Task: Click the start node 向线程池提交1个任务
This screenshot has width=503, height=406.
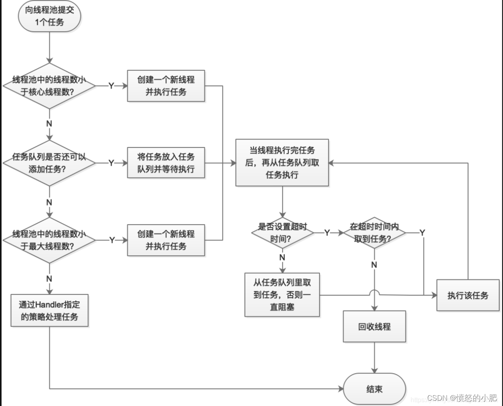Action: click(x=49, y=16)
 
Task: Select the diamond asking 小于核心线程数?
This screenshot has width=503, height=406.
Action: click(x=49, y=86)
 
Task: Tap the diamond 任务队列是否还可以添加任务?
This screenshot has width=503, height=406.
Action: click(x=49, y=163)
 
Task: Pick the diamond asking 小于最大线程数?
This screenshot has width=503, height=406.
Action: click(x=49, y=240)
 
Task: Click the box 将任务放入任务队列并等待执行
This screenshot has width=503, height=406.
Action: click(x=166, y=163)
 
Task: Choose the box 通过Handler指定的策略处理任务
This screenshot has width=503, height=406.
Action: click(x=49, y=311)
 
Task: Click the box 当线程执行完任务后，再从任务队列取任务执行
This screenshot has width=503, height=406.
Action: click(x=282, y=162)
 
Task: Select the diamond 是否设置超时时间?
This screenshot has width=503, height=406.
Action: click(x=282, y=233)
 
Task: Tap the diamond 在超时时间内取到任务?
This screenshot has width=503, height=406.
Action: click(x=374, y=233)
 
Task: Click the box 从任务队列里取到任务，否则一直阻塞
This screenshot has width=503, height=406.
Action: click(x=282, y=295)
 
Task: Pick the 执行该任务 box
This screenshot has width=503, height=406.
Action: click(x=468, y=295)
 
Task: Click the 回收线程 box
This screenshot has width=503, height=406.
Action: click(x=374, y=326)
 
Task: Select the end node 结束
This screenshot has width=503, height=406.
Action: click(x=374, y=389)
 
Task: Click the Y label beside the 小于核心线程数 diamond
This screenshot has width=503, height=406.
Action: click(x=111, y=86)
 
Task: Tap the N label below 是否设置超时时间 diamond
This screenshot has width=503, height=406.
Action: click(x=282, y=257)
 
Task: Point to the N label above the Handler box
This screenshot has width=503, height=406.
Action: click(x=49, y=279)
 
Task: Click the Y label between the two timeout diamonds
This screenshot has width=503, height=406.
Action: click(x=327, y=233)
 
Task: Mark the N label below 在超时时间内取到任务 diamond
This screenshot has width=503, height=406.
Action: click(x=374, y=265)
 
